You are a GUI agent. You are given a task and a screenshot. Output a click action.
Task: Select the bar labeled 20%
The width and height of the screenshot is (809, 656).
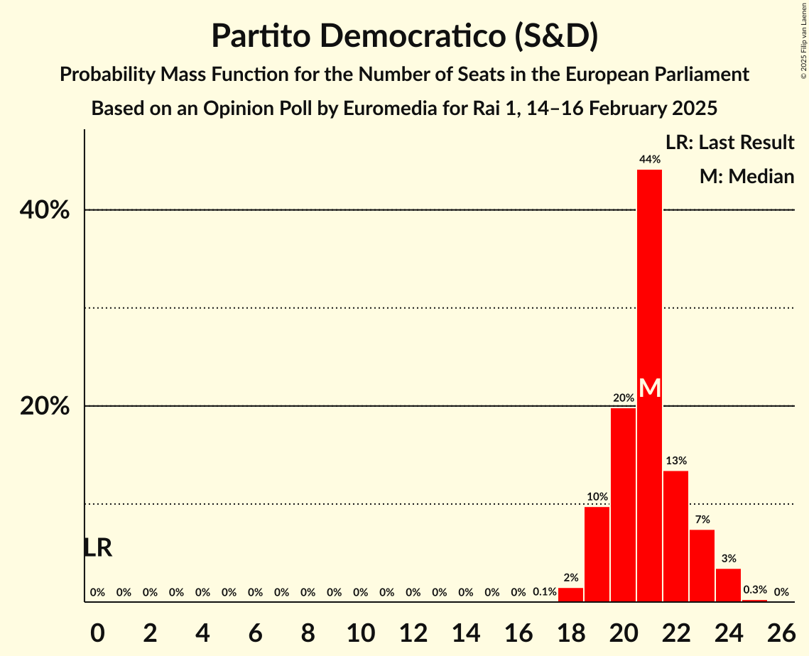click(623, 504)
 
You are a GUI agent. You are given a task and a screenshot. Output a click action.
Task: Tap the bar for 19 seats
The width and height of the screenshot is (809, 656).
click(597, 554)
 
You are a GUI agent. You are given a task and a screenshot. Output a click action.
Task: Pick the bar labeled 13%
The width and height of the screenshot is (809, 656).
click(675, 536)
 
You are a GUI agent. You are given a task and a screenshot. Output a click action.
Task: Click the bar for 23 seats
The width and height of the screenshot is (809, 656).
click(702, 565)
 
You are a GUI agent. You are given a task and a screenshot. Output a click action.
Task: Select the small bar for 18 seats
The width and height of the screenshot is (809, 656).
click(570, 595)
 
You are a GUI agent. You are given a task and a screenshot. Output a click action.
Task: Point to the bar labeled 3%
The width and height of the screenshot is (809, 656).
click(728, 585)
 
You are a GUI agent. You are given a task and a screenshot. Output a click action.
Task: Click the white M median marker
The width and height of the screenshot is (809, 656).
click(649, 388)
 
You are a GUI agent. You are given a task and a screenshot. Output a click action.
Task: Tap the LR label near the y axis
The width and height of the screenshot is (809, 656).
click(97, 548)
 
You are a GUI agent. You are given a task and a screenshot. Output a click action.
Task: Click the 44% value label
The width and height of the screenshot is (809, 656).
click(649, 160)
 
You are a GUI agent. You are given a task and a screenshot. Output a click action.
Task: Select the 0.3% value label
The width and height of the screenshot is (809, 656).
click(754, 590)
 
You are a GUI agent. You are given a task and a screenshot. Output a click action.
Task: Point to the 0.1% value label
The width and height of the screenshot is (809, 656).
click(544, 592)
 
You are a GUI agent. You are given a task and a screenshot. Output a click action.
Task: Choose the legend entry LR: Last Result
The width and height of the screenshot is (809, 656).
click(729, 143)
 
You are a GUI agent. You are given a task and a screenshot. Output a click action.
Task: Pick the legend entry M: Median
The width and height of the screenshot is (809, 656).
click(746, 177)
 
